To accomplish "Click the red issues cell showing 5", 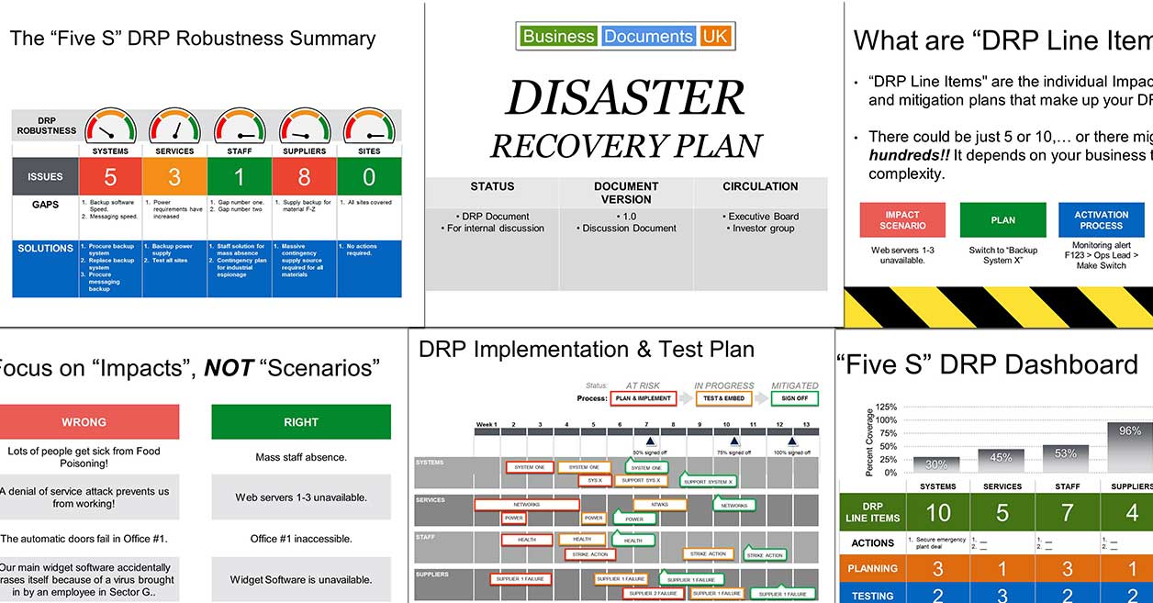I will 110,176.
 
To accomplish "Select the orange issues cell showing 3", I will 174,176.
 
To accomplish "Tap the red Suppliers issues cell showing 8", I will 304,176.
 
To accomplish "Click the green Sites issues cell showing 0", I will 369,176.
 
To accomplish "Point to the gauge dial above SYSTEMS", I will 110,127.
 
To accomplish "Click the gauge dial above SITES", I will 369,127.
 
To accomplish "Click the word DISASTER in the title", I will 625,98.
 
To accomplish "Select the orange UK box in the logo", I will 714,37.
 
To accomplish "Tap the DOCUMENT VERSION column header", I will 626,193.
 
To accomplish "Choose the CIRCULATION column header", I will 760,186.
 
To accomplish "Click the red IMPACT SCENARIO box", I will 902,220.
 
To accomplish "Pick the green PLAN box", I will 1002,220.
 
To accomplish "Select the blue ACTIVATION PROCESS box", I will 1101,220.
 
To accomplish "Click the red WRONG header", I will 84,422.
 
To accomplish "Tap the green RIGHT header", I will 301,422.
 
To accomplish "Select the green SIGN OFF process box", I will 795,399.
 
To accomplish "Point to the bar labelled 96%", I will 1129,447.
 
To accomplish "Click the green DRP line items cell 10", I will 937,512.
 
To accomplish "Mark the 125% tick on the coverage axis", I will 886,407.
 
